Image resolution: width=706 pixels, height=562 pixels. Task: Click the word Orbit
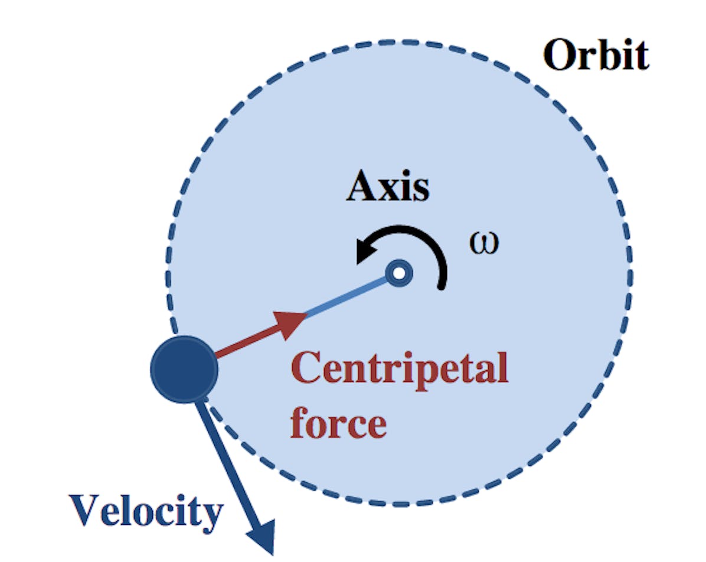596,54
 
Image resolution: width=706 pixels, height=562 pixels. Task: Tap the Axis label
388,185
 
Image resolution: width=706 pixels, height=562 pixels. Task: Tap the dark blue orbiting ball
184,370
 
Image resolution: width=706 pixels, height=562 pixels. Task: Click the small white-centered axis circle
399,273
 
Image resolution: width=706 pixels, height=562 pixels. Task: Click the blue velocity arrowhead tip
273,555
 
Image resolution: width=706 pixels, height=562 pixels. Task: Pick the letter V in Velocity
85,510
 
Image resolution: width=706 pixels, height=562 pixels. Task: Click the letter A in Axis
363,185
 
